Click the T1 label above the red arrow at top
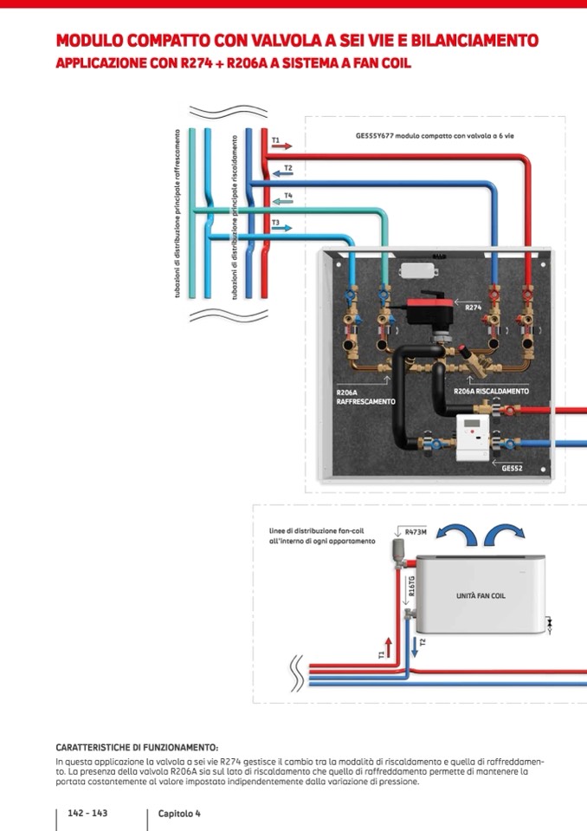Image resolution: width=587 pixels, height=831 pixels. [x=275, y=140]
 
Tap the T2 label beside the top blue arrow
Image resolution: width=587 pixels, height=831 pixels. [x=288, y=167]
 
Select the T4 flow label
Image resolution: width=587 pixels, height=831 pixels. [x=288, y=196]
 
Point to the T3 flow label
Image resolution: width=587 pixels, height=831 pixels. [x=275, y=223]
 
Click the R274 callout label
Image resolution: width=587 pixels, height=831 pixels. [x=474, y=308]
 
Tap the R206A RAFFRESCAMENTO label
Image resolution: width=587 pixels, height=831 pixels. [x=365, y=397]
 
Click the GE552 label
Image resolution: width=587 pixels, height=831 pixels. [x=513, y=468]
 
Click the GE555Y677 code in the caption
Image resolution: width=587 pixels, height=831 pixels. [x=375, y=136]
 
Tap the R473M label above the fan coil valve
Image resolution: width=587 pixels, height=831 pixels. [x=416, y=532]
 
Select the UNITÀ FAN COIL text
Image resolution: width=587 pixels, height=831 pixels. [x=481, y=596]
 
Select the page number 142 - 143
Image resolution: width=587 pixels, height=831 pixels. [x=87, y=814]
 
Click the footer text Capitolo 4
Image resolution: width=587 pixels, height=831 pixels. [x=179, y=814]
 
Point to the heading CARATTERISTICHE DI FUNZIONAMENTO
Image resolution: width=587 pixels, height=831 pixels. [x=137, y=747]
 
